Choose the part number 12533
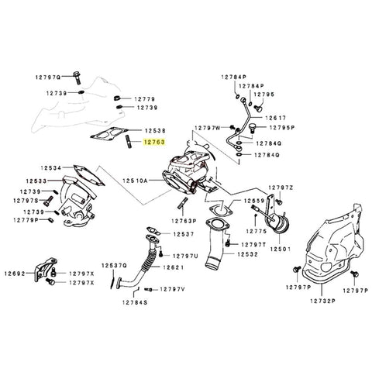pyautogui.click(x=34, y=181)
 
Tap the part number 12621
pyautogui.click(x=172, y=267)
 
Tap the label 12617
pyautogui.click(x=277, y=116)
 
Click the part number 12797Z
pyautogui.click(x=280, y=188)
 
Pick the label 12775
pyautogui.click(x=257, y=231)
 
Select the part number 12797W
pyautogui.click(x=208, y=127)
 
